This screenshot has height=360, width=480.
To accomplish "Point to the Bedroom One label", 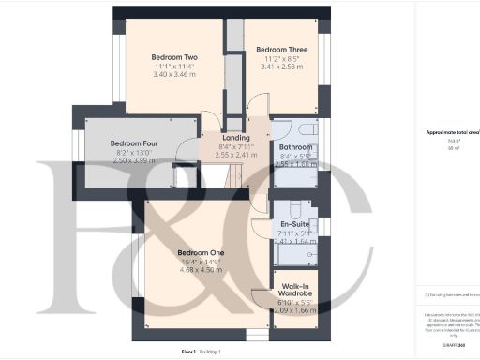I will click(202, 252).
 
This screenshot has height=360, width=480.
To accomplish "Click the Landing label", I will click(235, 138).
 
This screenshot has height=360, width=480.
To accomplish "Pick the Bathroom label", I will click(295, 147).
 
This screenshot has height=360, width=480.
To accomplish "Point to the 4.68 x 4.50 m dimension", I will click(202, 269).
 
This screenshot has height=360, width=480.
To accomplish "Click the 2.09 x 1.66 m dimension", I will click(295, 308).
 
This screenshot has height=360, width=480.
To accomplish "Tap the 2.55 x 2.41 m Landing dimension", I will click(235, 155).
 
